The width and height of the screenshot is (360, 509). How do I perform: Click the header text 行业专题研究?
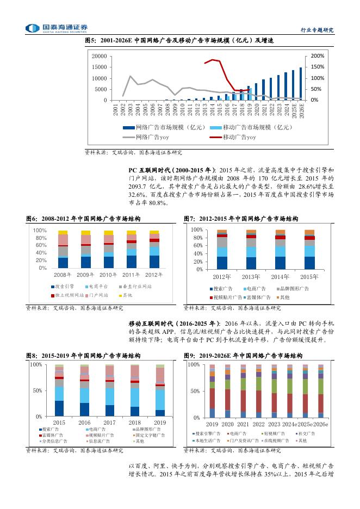click(x=316, y=30)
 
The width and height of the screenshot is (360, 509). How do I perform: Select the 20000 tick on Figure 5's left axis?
click(x=100, y=56)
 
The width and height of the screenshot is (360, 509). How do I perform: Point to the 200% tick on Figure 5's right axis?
click(x=318, y=56)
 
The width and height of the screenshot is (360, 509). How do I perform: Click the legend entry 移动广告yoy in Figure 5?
click(x=234, y=137)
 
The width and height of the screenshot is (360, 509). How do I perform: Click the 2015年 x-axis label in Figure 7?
click(x=309, y=277)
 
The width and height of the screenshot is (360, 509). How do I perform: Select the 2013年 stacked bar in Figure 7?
click(x=251, y=250)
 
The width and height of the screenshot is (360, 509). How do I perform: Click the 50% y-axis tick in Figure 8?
click(x=37, y=390)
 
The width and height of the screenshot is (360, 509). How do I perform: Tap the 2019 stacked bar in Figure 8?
click(x=160, y=390)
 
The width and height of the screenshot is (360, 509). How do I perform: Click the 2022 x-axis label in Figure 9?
click(x=259, y=424)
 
